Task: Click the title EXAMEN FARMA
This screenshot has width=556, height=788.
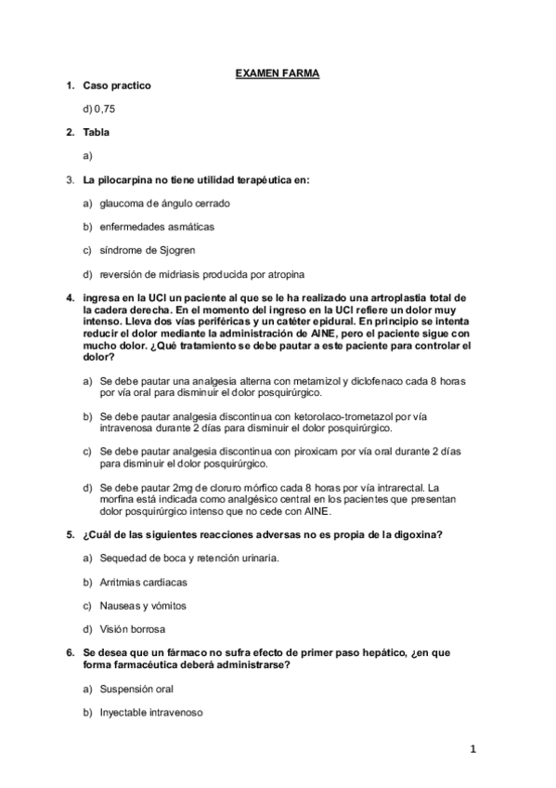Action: point(278,71)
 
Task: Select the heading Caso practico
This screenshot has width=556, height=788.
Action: point(117,85)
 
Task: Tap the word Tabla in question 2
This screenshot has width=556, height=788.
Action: point(97,133)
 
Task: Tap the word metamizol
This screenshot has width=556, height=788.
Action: point(317,381)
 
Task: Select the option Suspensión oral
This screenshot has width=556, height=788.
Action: point(136,689)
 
